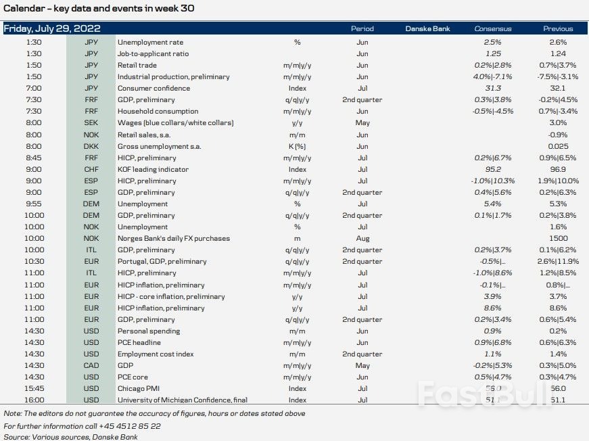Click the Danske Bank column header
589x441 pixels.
[x=427, y=29]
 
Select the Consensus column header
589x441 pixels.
[x=493, y=29]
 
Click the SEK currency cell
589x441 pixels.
[x=91, y=123]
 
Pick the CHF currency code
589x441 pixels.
[x=91, y=169]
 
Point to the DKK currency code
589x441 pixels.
[x=91, y=146]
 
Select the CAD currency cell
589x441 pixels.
[x=91, y=365]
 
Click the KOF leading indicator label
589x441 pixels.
[x=153, y=169]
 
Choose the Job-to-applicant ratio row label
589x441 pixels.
[x=153, y=53]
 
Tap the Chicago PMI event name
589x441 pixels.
[x=141, y=388]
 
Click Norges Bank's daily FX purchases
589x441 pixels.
[x=173, y=238]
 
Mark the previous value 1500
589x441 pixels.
[x=558, y=238]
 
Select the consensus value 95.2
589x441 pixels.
[x=493, y=169]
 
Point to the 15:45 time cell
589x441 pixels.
[x=34, y=388]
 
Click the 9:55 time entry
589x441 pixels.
[x=34, y=204]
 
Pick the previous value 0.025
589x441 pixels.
[x=558, y=146]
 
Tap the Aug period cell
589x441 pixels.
[x=362, y=238]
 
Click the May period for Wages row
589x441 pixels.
[x=362, y=123]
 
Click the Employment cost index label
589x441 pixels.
[x=156, y=354]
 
